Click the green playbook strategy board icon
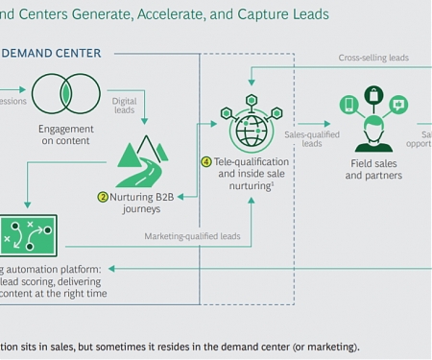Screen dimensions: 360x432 (27, 234)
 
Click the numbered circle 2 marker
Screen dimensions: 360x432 (103, 197)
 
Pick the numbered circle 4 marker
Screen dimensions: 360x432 (206, 161)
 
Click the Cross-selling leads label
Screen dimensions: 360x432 (373, 58)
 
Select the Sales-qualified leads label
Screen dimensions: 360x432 (312, 139)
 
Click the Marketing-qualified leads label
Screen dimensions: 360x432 (192, 235)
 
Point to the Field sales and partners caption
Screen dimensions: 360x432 (375, 170)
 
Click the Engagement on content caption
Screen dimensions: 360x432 (65, 135)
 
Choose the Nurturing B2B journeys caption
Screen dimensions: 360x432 (147, 203)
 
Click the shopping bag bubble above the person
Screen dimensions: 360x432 (373, 95)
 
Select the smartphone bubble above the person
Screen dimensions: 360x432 (348, 104)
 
